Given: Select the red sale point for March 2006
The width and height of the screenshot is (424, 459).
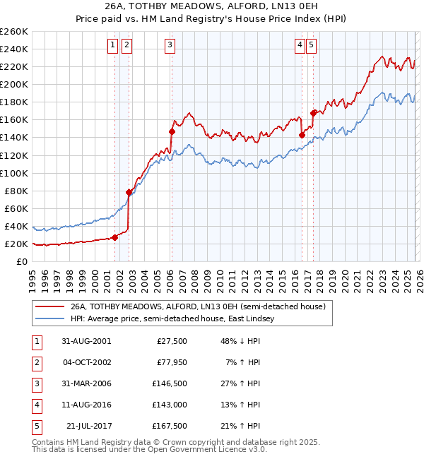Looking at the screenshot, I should coord(172,131).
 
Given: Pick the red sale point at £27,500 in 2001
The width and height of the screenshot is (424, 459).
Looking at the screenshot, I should coord(115,237).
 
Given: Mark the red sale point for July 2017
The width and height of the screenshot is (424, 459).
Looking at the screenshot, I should coord(313,113).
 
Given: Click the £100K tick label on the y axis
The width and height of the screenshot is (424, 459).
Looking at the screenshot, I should coord(14,173).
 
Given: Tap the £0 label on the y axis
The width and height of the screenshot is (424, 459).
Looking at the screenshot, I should coord(21,261).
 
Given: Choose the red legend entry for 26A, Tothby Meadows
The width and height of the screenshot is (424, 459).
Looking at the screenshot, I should coord(198,307).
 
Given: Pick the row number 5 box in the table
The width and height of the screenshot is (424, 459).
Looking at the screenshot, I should coord(36,426).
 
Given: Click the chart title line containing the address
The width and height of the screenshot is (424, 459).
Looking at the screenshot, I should coord(212,8).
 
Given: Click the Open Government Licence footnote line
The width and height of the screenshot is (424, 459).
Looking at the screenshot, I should coord(139,448).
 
